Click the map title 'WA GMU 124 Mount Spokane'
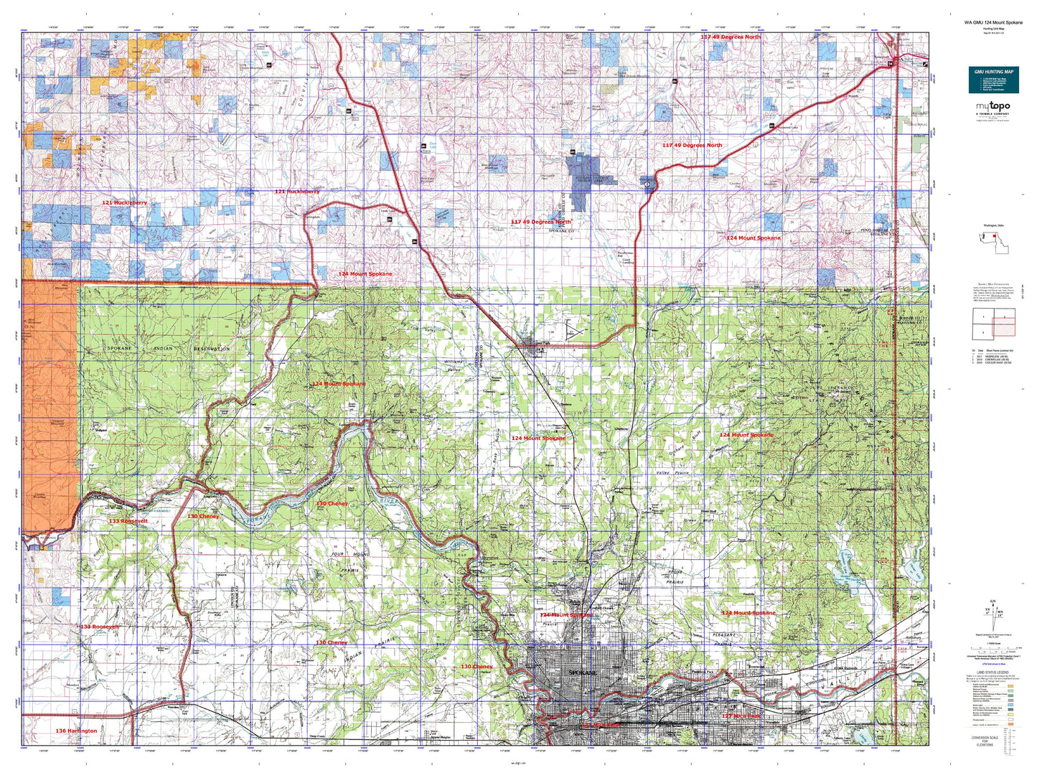point(993,22)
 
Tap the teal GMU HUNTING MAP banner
point(993,80)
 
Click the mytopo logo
point(993,108)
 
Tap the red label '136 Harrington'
point(76,731)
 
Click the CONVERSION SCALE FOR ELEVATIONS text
point(985,740)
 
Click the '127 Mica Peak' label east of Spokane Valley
point(741,716)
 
